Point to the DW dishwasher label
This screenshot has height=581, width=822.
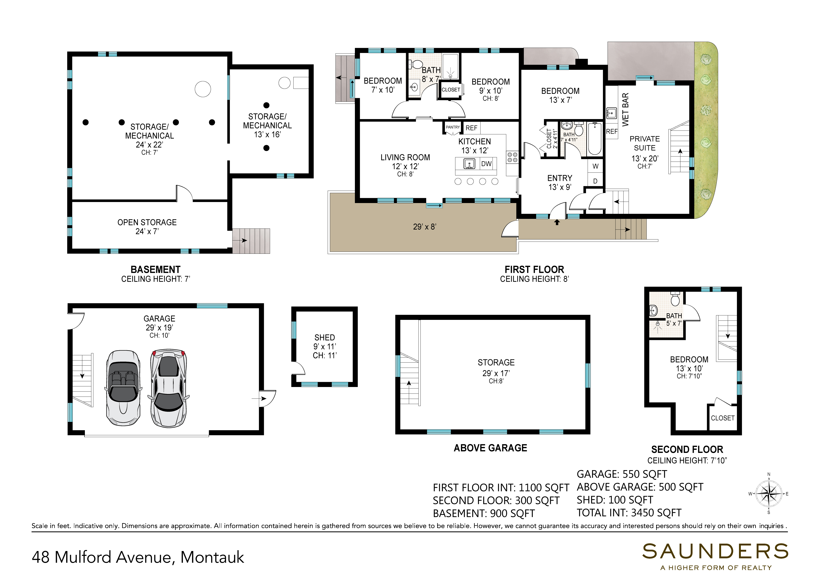(486, 164)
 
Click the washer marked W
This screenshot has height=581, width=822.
(595, 166)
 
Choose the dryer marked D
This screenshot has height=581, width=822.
(595, 181)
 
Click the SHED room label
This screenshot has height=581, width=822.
(325, 337)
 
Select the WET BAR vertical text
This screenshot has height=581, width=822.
(625, 109)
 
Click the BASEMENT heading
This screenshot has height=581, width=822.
(155, 269)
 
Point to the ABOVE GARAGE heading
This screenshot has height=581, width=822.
(491, 448)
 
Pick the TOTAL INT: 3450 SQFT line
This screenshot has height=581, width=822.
(629, 513)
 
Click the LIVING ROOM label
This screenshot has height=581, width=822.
(405, 157)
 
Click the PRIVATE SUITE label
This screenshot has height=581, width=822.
(645, 143)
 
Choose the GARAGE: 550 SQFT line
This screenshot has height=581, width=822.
(622, 474)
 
